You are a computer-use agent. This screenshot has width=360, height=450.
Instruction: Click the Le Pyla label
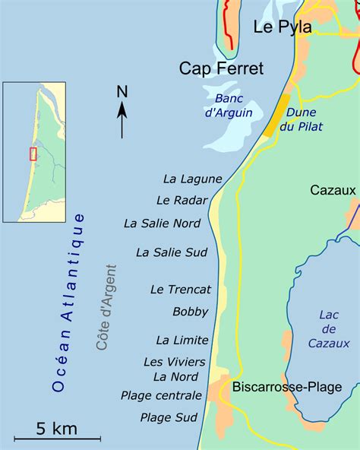click(x=283, y=27)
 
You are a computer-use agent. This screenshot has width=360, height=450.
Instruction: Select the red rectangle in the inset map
click(x=33, y=154)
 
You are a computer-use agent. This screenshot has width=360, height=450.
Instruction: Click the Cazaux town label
click(x=333, y=191)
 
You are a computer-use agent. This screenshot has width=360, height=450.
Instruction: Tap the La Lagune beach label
click(x=192, y=179)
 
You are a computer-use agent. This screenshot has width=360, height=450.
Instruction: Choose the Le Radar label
click(x=178, y=201)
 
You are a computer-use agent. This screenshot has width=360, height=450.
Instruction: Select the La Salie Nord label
click(x=162, y=223)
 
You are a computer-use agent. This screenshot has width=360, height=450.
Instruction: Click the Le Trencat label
click(x=181, y=290)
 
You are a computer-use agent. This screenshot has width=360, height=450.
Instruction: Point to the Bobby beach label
click(x=190, y=312)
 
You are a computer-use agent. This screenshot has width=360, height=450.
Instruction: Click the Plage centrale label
click(x=161, y=395)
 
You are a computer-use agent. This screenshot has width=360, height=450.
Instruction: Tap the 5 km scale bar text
click(x=56, y=429)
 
